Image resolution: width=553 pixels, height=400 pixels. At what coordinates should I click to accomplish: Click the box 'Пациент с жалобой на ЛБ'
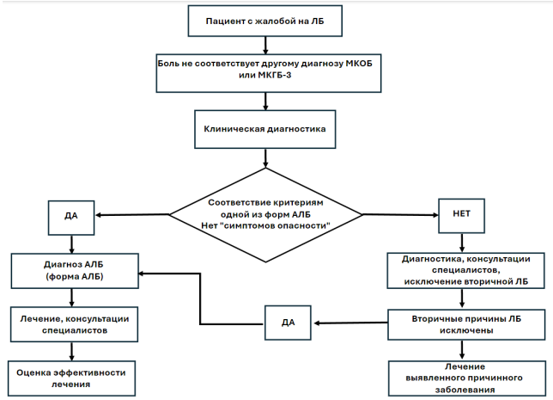[x=264, y=21]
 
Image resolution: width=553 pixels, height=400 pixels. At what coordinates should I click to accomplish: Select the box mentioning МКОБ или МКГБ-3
[x=269, y=73]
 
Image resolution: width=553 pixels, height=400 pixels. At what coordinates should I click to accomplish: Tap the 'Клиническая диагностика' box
[x=264, y=129]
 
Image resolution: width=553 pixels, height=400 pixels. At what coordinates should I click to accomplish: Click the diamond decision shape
[x=265, y=215]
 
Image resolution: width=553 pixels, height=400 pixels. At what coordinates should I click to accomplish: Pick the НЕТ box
[x=461, y=216]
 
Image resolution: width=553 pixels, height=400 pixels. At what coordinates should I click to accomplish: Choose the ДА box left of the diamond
[x=71, y=218]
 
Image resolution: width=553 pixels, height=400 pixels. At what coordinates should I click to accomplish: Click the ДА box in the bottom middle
[x=288, y=323]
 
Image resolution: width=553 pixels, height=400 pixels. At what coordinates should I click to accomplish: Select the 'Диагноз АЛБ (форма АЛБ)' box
[x=75, y=271]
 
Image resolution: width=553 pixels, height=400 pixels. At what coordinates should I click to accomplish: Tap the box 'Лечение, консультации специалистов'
[x=74, y=324]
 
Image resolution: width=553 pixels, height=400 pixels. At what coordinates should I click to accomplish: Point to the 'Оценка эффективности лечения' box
[x=71, y=378]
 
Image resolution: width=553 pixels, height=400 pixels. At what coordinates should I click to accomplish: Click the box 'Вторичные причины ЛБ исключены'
[x=466, y=325]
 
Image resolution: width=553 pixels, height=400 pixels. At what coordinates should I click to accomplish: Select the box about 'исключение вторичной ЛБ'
[x=466, y=270]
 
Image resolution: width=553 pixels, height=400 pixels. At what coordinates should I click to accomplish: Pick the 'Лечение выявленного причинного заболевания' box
[x=467, y=378]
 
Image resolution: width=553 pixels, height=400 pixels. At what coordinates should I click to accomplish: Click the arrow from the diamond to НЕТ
[x=400, y=215]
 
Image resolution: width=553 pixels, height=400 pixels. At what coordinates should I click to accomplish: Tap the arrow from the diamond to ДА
[x=132, y=215]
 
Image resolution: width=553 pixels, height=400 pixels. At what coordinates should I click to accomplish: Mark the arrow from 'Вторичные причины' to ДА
[x=350, y=323]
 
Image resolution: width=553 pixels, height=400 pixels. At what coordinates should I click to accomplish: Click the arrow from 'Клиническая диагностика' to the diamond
[x=265, y=158]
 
